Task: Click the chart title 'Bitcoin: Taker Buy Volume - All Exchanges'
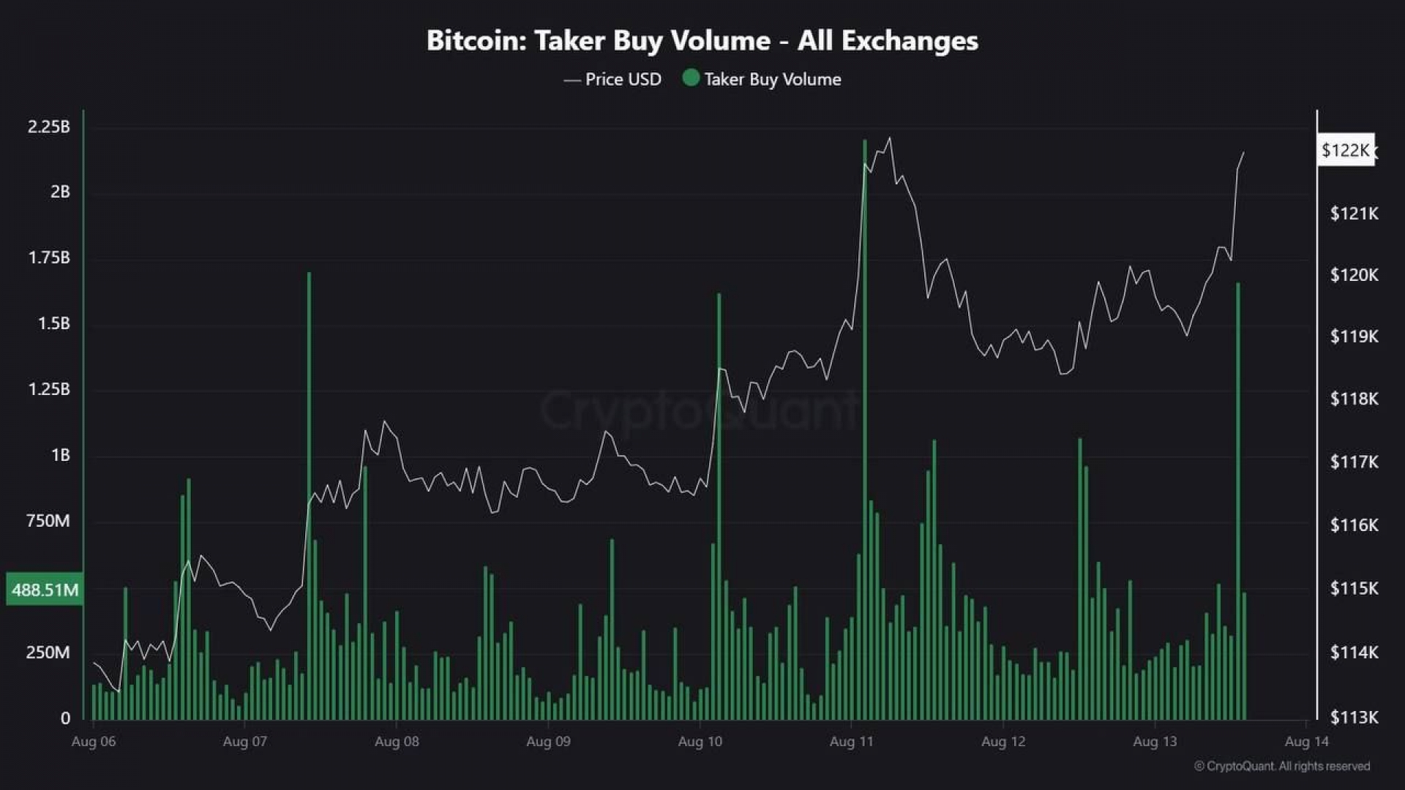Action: (x=702, y=41)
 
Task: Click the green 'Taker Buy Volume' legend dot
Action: (x=690, y=78)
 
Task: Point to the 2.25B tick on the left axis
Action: (x=49, y=127)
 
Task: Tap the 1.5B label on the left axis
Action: (x=54, y=323)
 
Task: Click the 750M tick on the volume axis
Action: (x=48, y=521)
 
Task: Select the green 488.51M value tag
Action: (x=45, y=590)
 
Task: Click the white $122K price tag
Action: (x=1345, y=150)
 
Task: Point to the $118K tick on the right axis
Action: (x=1354, y=399)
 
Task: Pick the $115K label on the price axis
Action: (x=1354, y=588)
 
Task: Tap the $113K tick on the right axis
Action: (x=1354, y=717)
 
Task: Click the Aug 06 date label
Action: (x=94, y=742)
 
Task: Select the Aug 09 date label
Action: (x=548, y=742)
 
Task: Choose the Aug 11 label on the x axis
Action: (x=851, y=742)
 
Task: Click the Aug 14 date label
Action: (x=1306, y=742)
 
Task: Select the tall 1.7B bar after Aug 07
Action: (x=309, y=497)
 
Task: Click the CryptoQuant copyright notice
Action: (x=1281, y=766)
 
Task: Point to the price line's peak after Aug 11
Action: (x=889, y=138)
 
